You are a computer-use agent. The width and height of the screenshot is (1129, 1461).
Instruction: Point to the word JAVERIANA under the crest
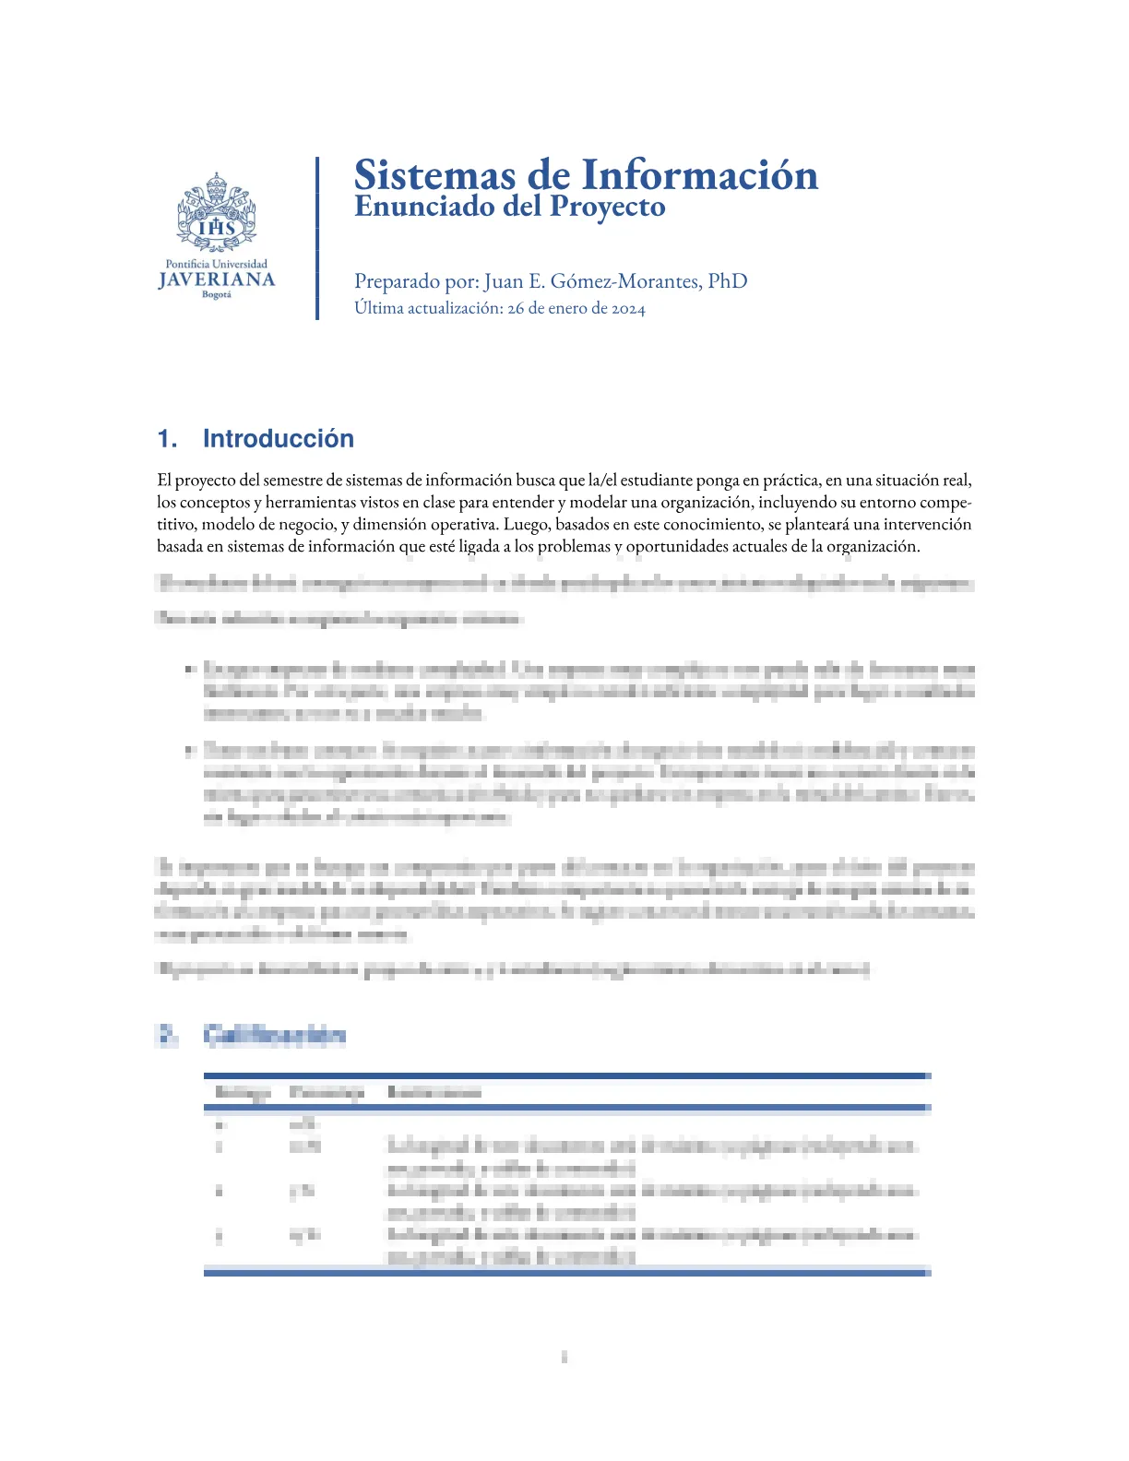coord(217,279)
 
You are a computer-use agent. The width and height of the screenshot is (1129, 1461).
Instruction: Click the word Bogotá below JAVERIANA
coord(217,295)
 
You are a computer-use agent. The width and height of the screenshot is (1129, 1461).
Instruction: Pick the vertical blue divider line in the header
coord(317,238)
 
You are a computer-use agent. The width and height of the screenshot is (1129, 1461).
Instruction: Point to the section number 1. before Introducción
coord(167,439)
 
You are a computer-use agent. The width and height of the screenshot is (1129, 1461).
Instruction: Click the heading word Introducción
coord(278,439)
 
